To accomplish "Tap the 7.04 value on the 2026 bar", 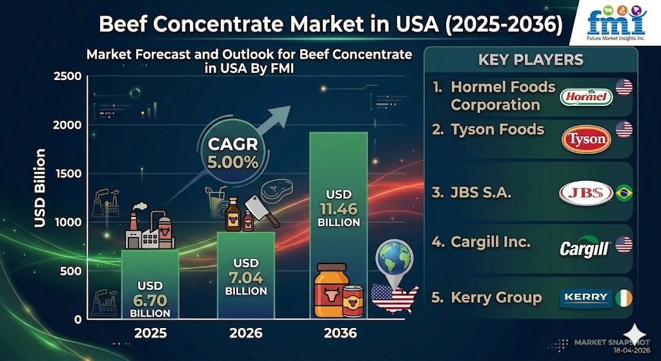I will [x=246, y=278].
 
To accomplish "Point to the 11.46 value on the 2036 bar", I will [x=338, y=209].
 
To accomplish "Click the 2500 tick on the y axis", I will [x=66, y=76].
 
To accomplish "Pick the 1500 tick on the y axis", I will [x=66, y=174].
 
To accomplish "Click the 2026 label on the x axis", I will [x=246, y=333].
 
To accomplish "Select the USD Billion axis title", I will [x=41, y=188].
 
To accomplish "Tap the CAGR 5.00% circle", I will [x=233, y=153].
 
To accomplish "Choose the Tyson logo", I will [x=585, y=139].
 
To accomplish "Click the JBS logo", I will [x=584, y=193].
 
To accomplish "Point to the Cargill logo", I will [x=585, y=246].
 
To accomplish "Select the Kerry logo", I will [x=585, y=298].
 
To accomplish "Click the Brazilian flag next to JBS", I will [x=624, y=193].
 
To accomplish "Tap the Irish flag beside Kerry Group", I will [x=624, y=298].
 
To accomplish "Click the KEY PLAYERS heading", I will [x=531, y=60].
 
